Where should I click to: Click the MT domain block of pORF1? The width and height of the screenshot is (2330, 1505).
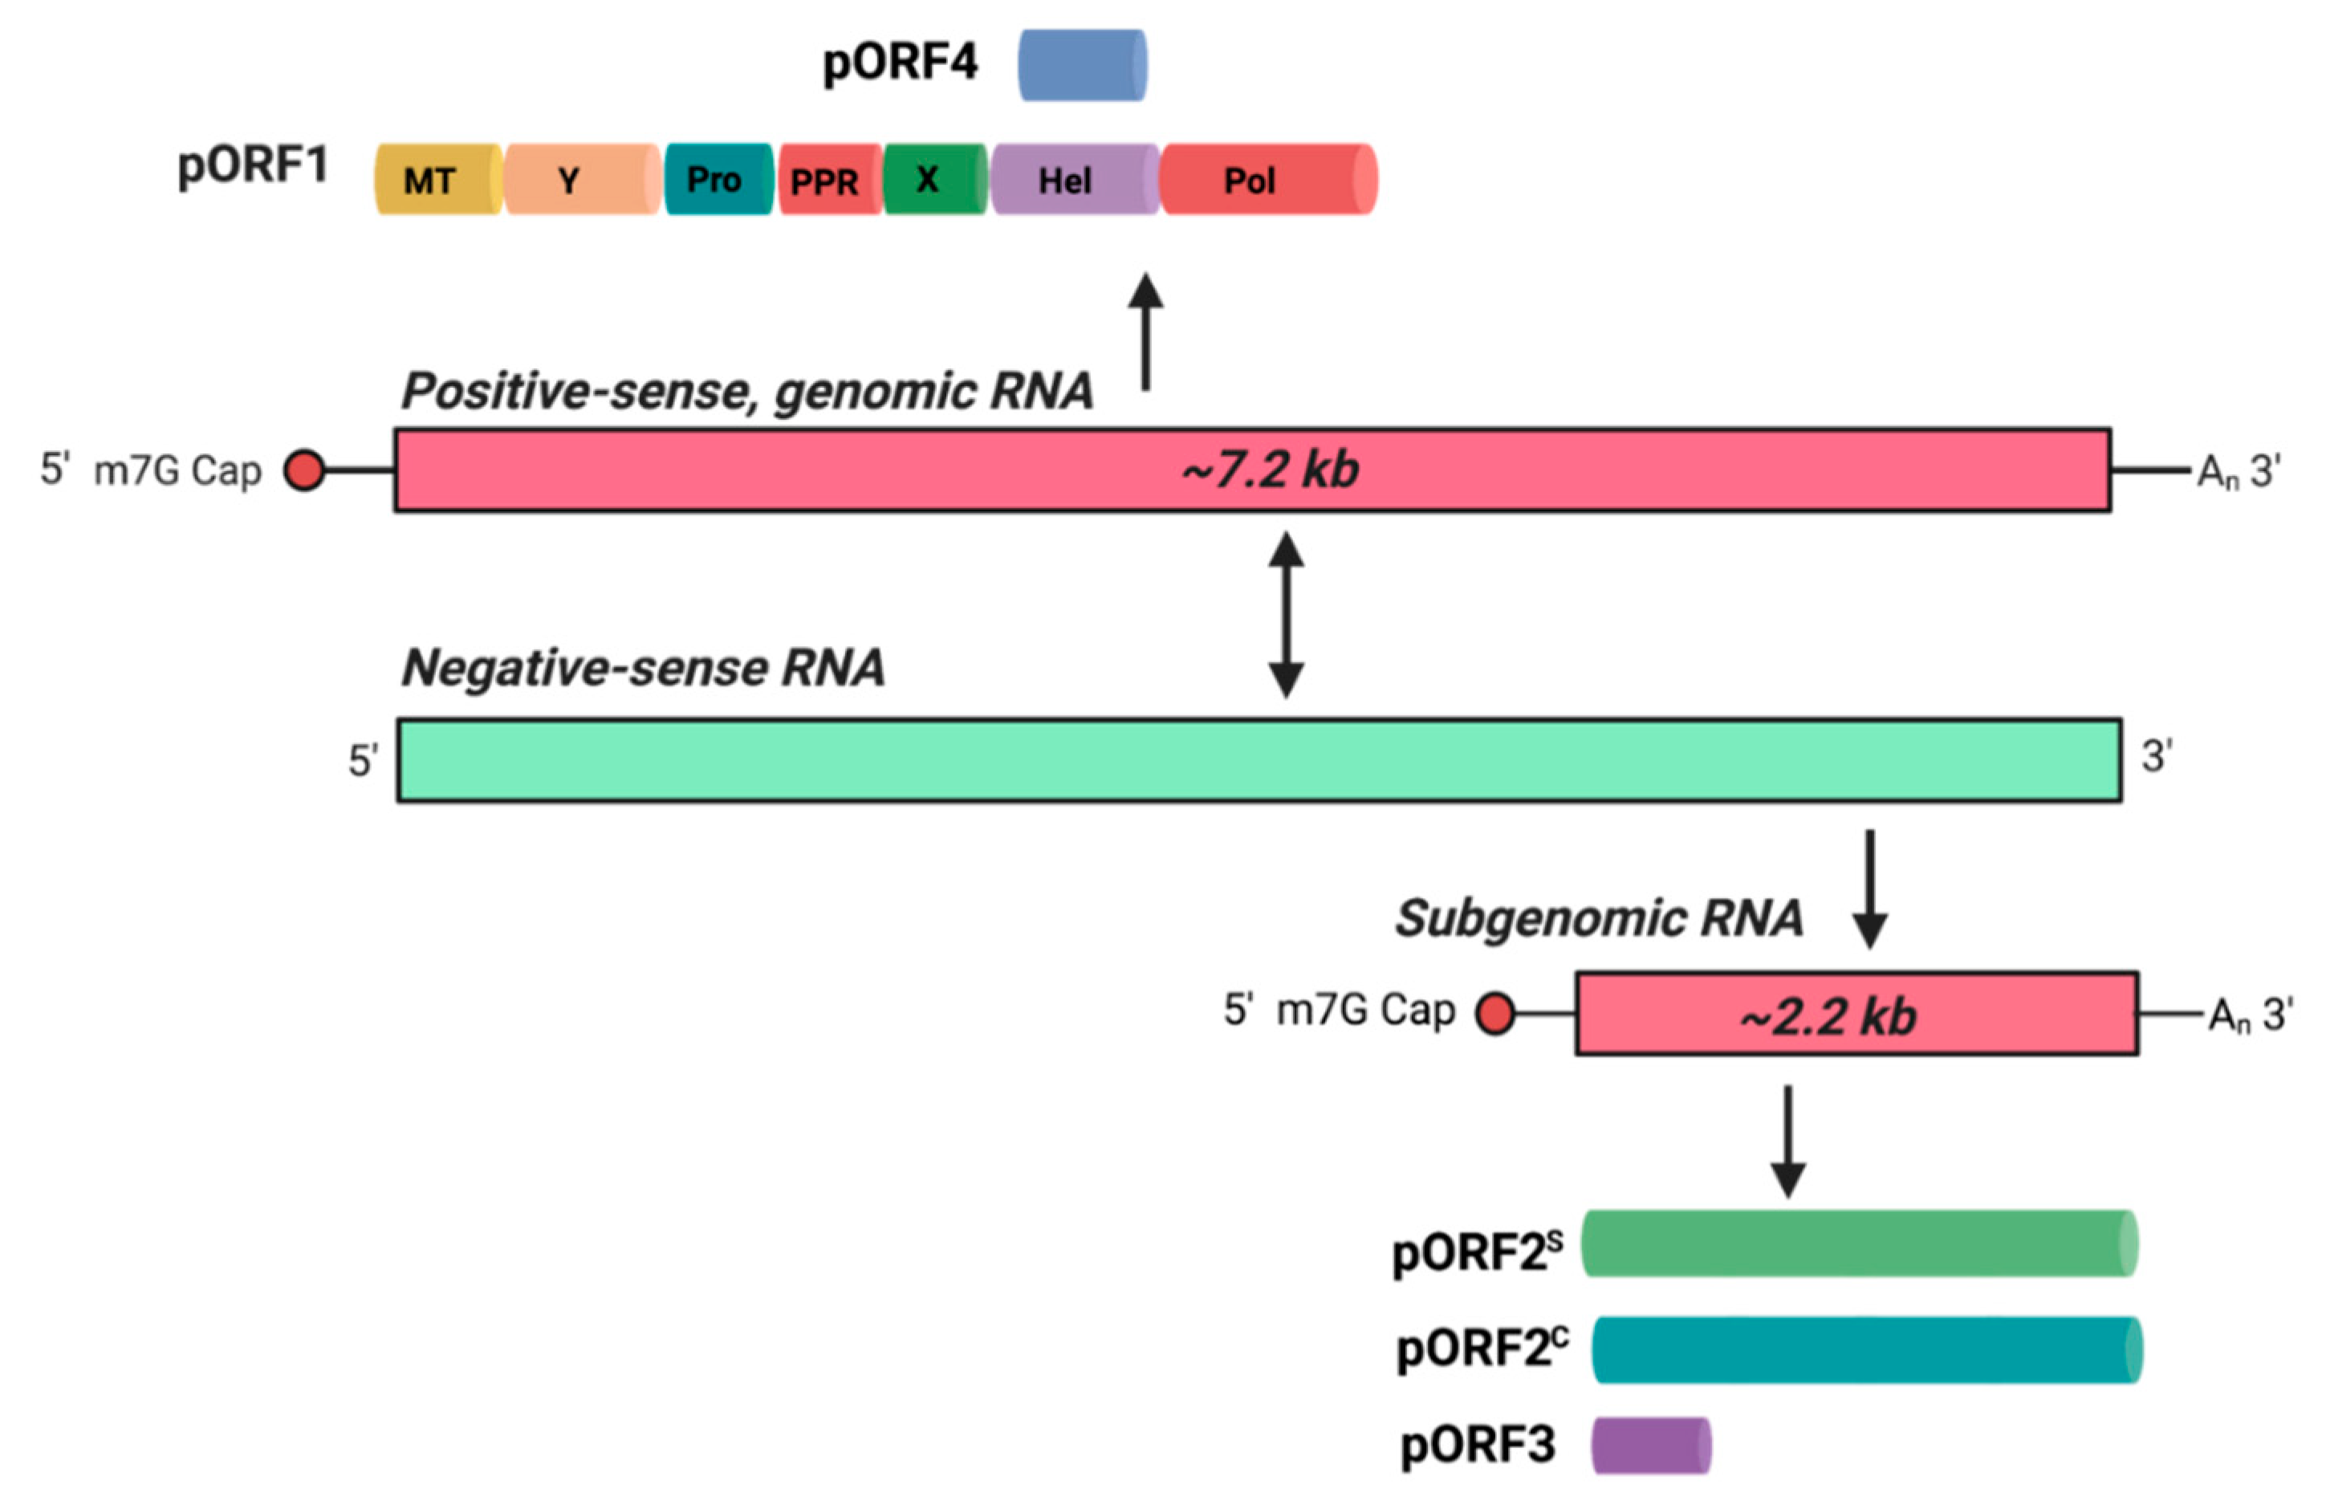[437, 180]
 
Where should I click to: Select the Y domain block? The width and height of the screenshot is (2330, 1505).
[581, 180]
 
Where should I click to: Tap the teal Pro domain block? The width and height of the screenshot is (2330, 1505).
[718, 180]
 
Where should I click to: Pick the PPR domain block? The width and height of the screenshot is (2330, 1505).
[829, 180]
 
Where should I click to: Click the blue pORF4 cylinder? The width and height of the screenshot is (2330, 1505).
[1081, 66]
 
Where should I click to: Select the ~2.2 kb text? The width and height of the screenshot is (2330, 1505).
[1826, 1016]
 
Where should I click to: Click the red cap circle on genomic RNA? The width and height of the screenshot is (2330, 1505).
[304, 470]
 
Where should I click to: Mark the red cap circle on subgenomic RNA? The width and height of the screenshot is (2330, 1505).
[1494, 1014]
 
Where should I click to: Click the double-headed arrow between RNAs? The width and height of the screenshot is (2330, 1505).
[1285, 615]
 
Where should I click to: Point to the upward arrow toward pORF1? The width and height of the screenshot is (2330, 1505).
[1145, 332]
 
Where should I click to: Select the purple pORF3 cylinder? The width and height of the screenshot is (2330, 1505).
[1650, 1446]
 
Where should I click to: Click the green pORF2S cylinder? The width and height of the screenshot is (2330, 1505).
[1858, 1243]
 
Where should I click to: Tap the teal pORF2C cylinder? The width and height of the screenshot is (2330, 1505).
[1865, 1349]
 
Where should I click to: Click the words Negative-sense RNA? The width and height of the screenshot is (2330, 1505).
[643, 669]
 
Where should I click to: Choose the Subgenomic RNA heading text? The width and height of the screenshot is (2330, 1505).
[1598, 917]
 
